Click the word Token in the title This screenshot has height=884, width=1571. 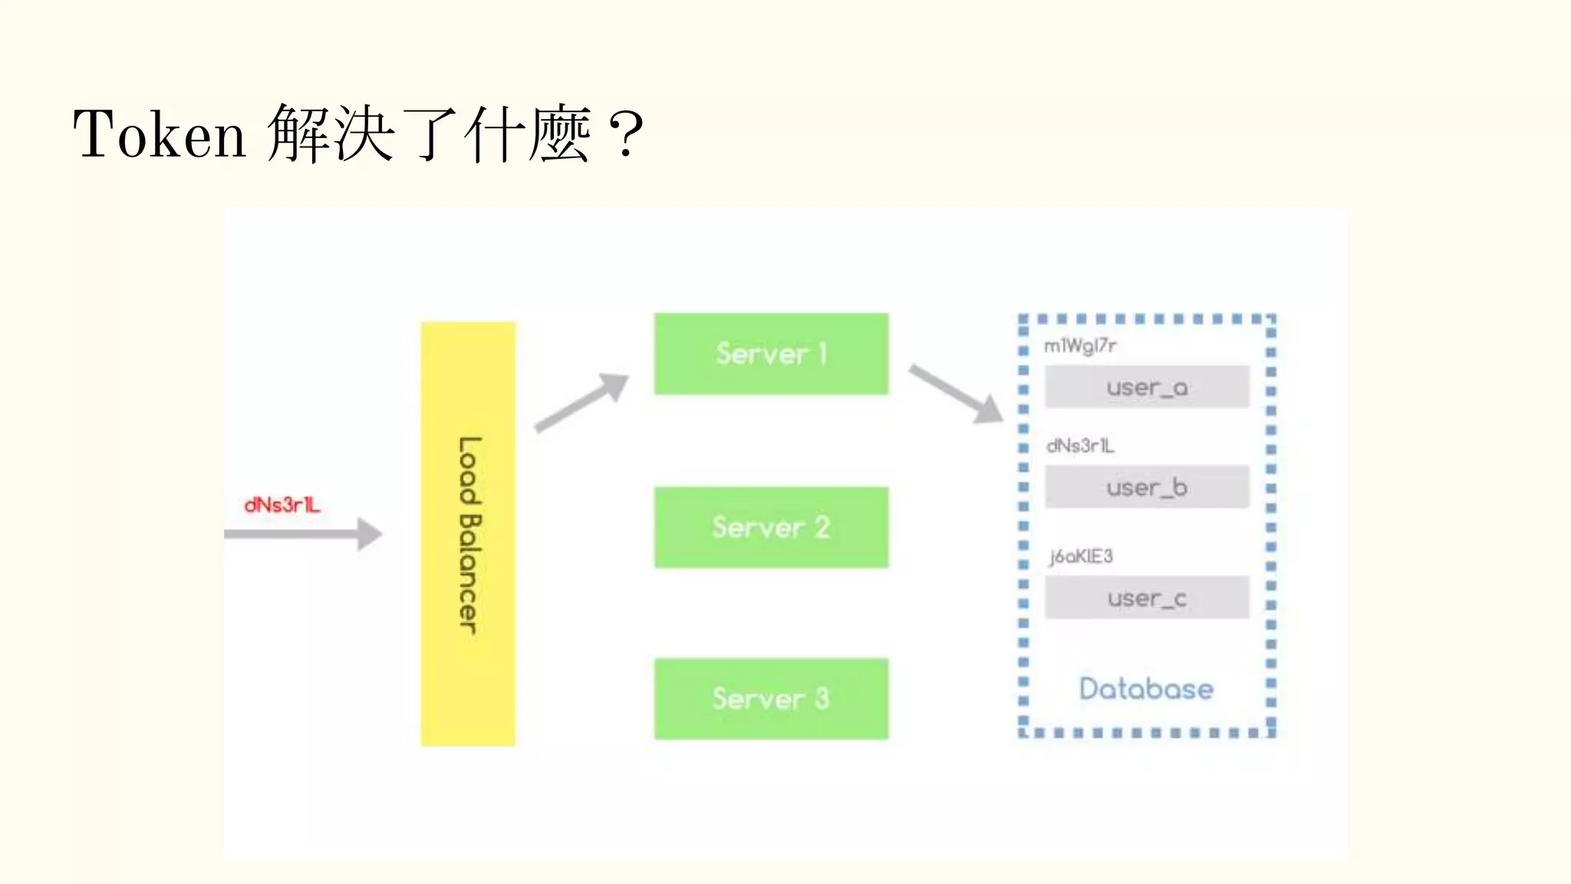[159, 134]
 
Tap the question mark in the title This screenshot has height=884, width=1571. [627, 134]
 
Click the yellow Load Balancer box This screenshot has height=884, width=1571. [468, 534]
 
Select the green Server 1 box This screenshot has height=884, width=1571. [771, 354]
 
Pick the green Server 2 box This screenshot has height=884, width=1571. [771, 527]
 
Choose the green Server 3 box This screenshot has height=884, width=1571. [771, 698]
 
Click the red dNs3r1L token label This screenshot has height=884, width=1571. [282, 505]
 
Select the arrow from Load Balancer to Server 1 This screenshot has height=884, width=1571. [581, 403]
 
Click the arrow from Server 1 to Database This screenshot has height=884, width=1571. [956, 394]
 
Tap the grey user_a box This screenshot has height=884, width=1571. [1147, 387]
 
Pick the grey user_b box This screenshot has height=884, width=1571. [1147, 487]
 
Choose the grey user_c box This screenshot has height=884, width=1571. [1147, 598]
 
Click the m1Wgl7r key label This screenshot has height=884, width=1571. [1080, 346]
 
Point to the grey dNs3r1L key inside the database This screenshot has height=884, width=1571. [1080, 446]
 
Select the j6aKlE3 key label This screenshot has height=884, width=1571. [1081, 556]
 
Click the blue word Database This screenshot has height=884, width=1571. [1146, 688]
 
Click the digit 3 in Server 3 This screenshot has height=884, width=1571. [822, 698]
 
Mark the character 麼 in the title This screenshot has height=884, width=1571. [559, 134]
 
